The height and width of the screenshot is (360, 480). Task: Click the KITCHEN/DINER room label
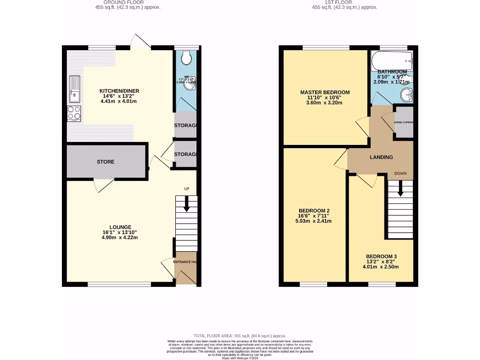pos(119,91)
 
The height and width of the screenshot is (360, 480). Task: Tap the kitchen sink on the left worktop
pos(74,89)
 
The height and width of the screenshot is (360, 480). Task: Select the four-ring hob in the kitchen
pos(74,113)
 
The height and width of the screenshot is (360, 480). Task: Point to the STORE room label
pos(105,162)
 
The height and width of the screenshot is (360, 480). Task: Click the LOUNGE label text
pos(120,227)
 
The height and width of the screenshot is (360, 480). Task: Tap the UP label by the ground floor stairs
pos(187,188)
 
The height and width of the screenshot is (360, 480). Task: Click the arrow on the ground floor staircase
pos(187,204)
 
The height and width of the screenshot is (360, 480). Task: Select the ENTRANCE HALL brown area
pos(185,271)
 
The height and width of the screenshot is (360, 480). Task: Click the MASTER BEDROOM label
pos(325,92)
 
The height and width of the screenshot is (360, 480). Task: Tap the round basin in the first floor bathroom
pos(406,95)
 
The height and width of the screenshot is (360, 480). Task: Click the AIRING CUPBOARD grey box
pos(404,122)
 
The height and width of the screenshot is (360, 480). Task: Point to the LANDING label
pos(381,157)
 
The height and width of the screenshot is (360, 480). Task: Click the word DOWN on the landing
pos(400,173)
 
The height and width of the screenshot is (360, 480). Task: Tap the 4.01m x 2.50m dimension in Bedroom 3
pos(381,267)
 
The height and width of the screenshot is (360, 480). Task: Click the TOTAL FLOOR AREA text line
pos(240,336)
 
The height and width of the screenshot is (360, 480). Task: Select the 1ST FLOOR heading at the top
pos(345,2)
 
